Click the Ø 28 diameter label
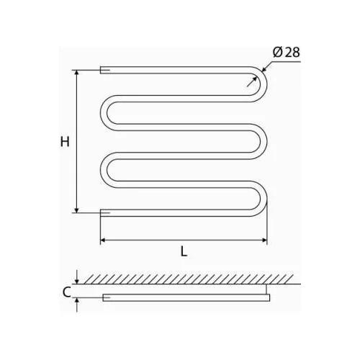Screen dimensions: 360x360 coord(287,53)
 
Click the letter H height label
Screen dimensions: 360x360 coord(65,142)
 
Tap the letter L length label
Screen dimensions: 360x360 coord(184,252)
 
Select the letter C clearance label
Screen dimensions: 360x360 coord(66,292)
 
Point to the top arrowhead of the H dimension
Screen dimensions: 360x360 coord(76,73)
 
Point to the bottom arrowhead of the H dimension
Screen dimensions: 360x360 coord(76,210)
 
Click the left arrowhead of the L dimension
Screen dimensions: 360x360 coord(103,240)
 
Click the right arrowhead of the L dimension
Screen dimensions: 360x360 coord(264,240)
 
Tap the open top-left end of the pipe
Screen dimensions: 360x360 coord(101,70)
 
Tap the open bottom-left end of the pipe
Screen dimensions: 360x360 coord(101,213)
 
